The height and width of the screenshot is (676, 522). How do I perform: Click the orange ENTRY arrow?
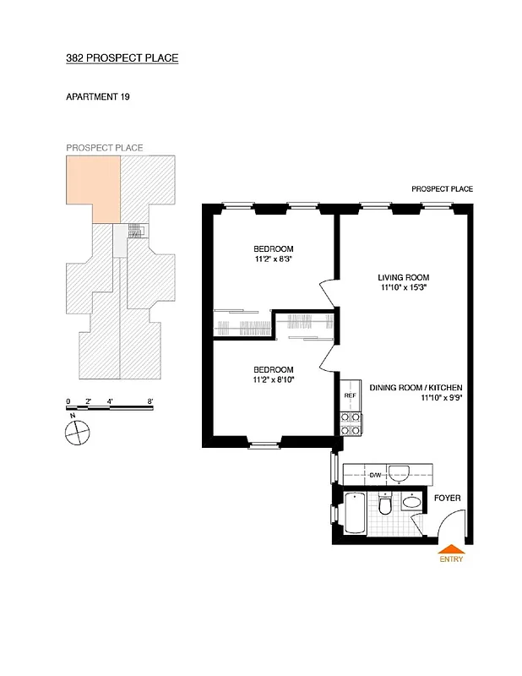(x=450, y=548)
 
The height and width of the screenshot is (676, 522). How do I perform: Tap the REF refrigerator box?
(x=351, y=395)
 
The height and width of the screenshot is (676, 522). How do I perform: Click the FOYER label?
(x=448, y=499)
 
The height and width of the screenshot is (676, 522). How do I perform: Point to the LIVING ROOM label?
(x=403, y=277)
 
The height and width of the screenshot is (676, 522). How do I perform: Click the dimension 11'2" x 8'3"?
(x=273, y=259)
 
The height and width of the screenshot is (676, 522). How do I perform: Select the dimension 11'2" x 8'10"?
(x=273, y=380)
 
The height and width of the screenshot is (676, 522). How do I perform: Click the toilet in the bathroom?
(x=385, y=505)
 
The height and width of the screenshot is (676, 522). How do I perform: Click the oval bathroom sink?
(x=411, y=502)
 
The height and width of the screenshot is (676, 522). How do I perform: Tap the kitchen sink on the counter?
(x=400, y=472)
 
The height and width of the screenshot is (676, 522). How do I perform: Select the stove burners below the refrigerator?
(x=351, y=422)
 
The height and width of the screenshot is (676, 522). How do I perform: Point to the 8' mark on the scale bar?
(x=150, y=401)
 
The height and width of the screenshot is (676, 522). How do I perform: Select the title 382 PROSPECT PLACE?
(x=122, y=58)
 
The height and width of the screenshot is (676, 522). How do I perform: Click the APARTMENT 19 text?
(x=97, y=97)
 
